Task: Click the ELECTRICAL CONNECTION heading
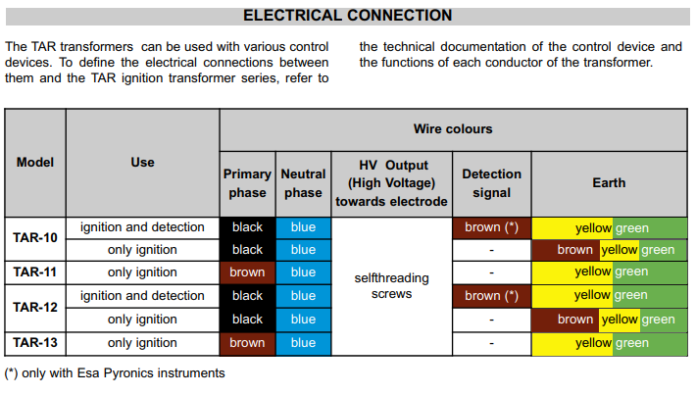tap(347, 16)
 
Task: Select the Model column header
tap(35, 163)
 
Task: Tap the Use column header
tap(142, 163)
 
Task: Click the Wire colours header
tap(453, 129)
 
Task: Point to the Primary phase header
tap(247, 183)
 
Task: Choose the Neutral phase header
tap(303, 183)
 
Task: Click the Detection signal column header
tap(491, 183)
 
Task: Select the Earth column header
tap(609, 183)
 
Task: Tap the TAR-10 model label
tap(35, 238)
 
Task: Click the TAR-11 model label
tap(35, 272)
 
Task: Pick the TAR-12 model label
tap(35, 307)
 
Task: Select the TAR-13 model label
tap(35, 342)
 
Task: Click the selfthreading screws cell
tap(391, 285)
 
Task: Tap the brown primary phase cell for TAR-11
tap(247, 272)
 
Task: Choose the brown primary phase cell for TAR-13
tap(247, 343)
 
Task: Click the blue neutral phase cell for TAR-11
tap(303, 272)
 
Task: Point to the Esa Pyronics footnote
tap(115, 373)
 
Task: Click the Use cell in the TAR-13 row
tap(142, 343)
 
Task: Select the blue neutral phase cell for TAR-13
tap(303, 343)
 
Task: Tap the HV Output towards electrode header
tap(391, 183)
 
